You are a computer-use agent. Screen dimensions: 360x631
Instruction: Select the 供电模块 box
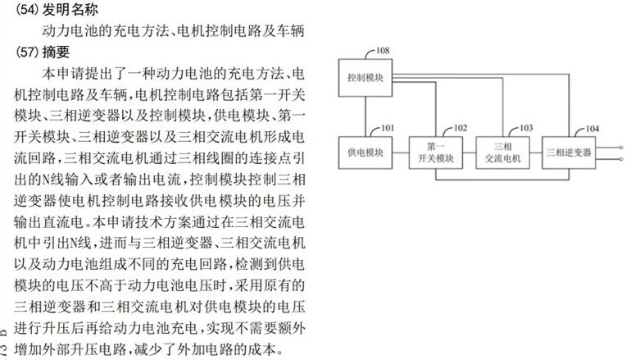pyautogui.click(x=365, y=153)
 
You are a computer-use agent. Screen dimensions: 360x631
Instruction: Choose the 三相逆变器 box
pyautogui.click(x=569, y=153)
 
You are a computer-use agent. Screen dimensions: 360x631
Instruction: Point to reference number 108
pyautogui.click(x=382, y=52)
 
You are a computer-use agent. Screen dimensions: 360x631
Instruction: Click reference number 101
pyautogui.click(x=387, y=128)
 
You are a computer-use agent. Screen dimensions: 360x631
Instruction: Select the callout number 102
pyautogui.click(x=459, y=128)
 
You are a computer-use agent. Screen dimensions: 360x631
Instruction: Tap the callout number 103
pyautogui.click(x=525, y=128)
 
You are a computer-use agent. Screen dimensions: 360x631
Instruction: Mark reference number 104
pyautogui.click(x=592, y=129)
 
